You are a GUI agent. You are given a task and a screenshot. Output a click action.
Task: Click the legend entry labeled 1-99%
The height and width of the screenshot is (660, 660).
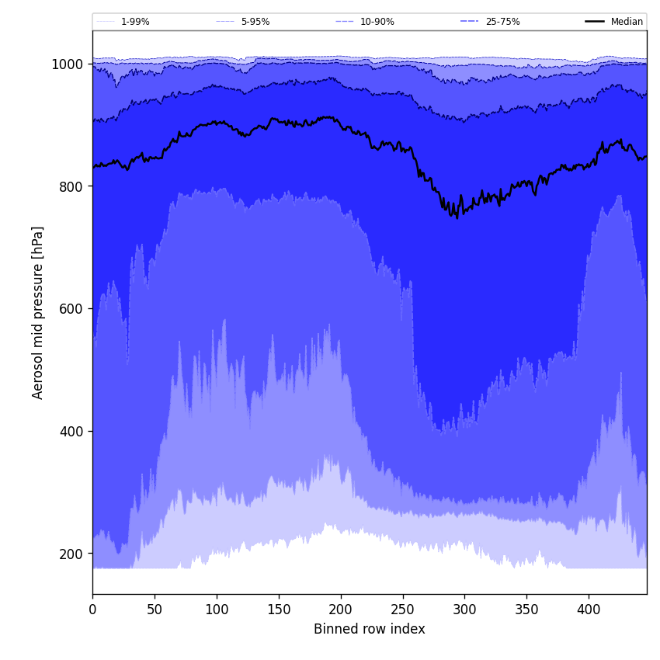[135, 22]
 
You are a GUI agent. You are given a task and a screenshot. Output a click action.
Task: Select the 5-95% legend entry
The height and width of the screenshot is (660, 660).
[255, 22]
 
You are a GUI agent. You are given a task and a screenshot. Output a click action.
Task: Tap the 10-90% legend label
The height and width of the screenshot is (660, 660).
[377, 22]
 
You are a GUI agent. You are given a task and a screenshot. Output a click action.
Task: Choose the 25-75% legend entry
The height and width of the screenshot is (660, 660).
[502, 22]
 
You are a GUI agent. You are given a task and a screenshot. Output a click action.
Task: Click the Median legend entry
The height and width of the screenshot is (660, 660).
[627, 22]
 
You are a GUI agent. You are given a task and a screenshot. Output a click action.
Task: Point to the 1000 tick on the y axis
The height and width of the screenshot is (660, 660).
[68, 64]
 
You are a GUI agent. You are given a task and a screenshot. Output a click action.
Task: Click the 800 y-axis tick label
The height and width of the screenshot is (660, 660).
[71, 186]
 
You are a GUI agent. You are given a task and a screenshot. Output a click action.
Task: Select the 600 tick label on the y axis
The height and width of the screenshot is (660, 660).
[71, 309]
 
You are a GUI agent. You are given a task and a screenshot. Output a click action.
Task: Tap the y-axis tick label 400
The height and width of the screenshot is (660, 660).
[71, 431]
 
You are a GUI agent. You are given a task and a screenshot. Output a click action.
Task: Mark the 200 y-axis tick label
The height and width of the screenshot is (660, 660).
[71, 554]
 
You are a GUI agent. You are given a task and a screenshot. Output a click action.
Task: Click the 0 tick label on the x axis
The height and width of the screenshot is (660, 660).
[92, 610]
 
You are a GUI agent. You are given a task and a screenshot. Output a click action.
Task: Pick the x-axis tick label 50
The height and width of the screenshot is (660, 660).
[155, 610]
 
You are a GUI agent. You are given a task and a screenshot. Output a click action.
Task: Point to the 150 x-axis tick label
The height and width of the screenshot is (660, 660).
[279, 610]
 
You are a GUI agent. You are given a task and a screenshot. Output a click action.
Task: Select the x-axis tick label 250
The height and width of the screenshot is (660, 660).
[402, 610]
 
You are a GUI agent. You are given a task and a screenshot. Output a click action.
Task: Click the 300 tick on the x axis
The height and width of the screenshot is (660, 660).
[464, 610]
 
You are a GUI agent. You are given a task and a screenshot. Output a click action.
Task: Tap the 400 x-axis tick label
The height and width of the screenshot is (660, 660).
[589, 610]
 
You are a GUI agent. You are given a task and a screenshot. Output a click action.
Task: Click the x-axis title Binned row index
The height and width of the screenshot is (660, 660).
[370, 629]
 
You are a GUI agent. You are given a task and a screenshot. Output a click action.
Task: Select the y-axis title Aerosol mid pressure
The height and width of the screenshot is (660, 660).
[38, 312]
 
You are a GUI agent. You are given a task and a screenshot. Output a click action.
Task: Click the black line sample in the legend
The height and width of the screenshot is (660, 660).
[596, 22]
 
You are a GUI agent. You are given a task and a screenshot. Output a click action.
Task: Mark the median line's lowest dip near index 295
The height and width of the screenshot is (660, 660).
[457, 217]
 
